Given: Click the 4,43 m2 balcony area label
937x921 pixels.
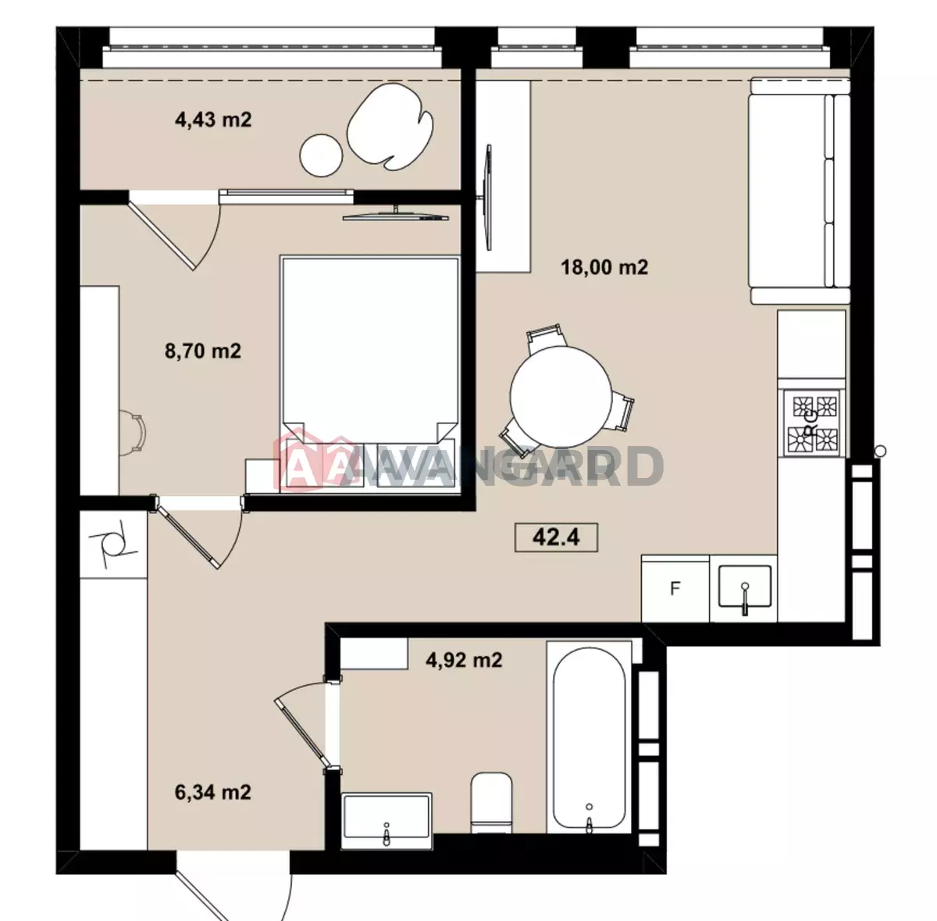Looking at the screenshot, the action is click(213, 120).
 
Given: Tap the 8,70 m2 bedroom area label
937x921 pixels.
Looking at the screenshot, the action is click(203, 351).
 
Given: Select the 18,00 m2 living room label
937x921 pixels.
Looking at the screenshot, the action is click(604, 267).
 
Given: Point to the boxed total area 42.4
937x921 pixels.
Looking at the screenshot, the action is click(556, 537).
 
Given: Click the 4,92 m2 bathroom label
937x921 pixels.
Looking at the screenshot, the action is click(464, 660).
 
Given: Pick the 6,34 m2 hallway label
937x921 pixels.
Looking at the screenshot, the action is click(213, 793).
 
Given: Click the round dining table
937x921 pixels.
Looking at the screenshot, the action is click(561, 396).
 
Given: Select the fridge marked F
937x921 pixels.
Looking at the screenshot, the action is click(675, 589).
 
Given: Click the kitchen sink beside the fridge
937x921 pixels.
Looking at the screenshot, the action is click(744, 586).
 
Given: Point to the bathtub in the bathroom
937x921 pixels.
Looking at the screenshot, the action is click(589, 739).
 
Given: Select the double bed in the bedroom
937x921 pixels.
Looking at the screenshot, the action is click(370, 375).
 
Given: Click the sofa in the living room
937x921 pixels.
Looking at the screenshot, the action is click(800, 191).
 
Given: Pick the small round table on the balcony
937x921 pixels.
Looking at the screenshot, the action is click(322, 155).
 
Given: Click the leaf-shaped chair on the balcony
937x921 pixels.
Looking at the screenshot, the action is click(390, 127).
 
